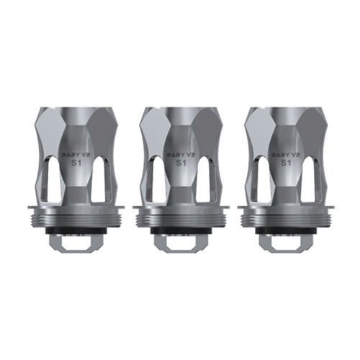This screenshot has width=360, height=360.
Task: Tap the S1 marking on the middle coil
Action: pyautogui.click(x=179, y=163)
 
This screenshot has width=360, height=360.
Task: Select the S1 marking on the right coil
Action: pyautogui.click(x=285, y=163)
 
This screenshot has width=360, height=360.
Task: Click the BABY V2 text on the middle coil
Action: pyautogui.click(x=179, y=153)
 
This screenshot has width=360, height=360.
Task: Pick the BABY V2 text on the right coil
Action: pyautogui.click(x=285, y=153)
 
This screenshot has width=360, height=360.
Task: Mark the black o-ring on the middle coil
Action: pyautogui.click(x=179, y=229)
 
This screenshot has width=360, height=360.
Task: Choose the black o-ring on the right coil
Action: pyautogui.click(x=285, y=229)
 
